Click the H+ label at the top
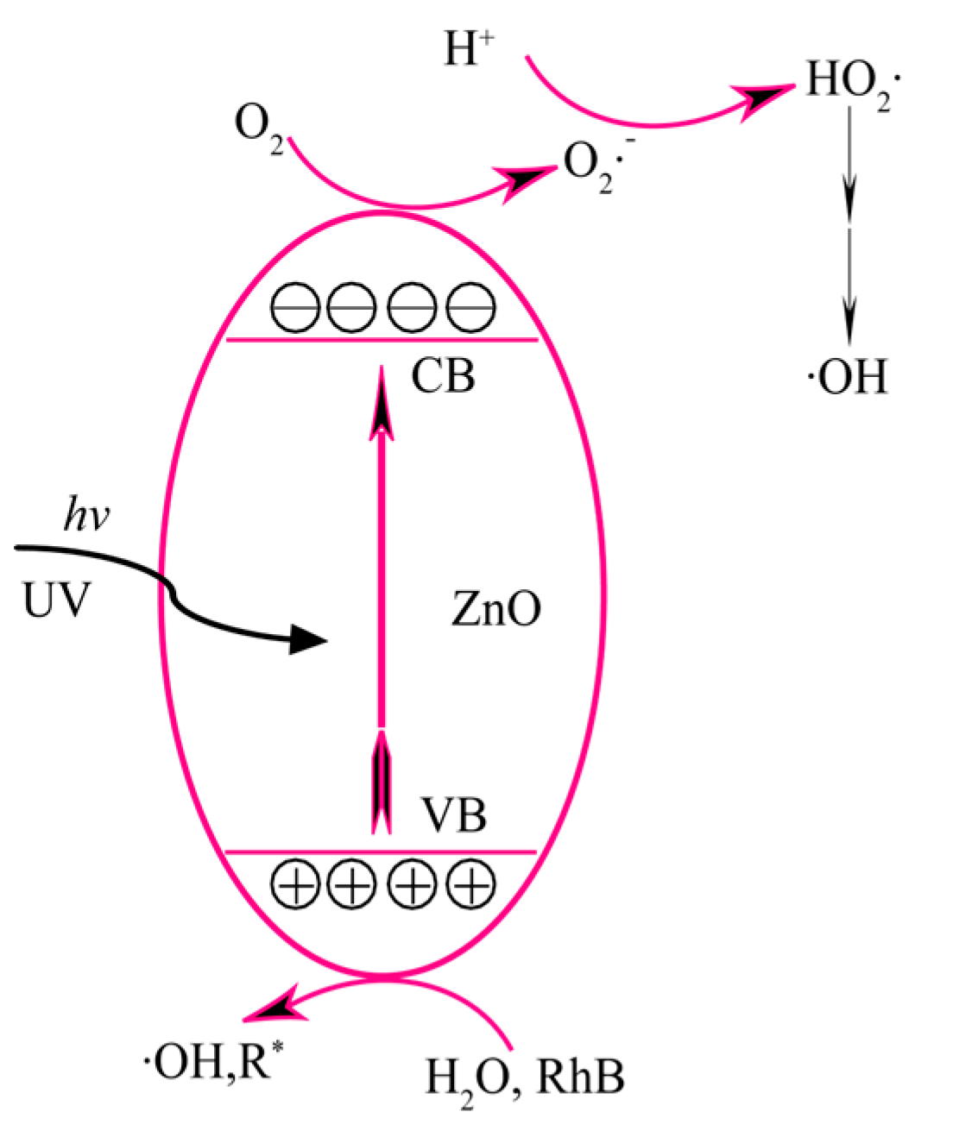pos(469,49)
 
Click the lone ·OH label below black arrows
pos(847,378)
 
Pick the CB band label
pos(443,376)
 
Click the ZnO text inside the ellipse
pos(496,609)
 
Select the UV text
pos(56,599)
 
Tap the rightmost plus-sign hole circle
pos(471,884)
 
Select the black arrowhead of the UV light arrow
pos(306,639)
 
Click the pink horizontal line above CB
pos(381,340)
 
